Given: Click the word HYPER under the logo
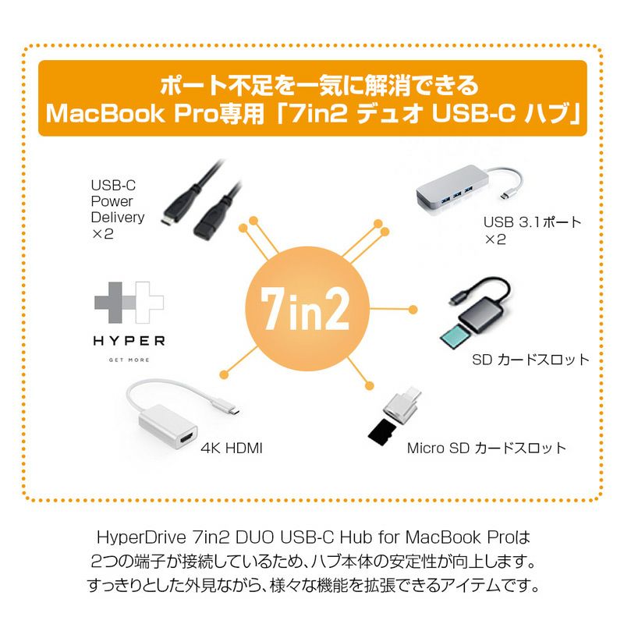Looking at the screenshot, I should (x=128, y=341).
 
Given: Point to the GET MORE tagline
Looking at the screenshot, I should (x=128, y=360).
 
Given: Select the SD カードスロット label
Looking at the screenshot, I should (x=530, y=360).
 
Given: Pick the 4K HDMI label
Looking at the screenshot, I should (x=232, y=448).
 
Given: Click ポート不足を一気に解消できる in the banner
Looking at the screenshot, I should (x=312, y=82).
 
